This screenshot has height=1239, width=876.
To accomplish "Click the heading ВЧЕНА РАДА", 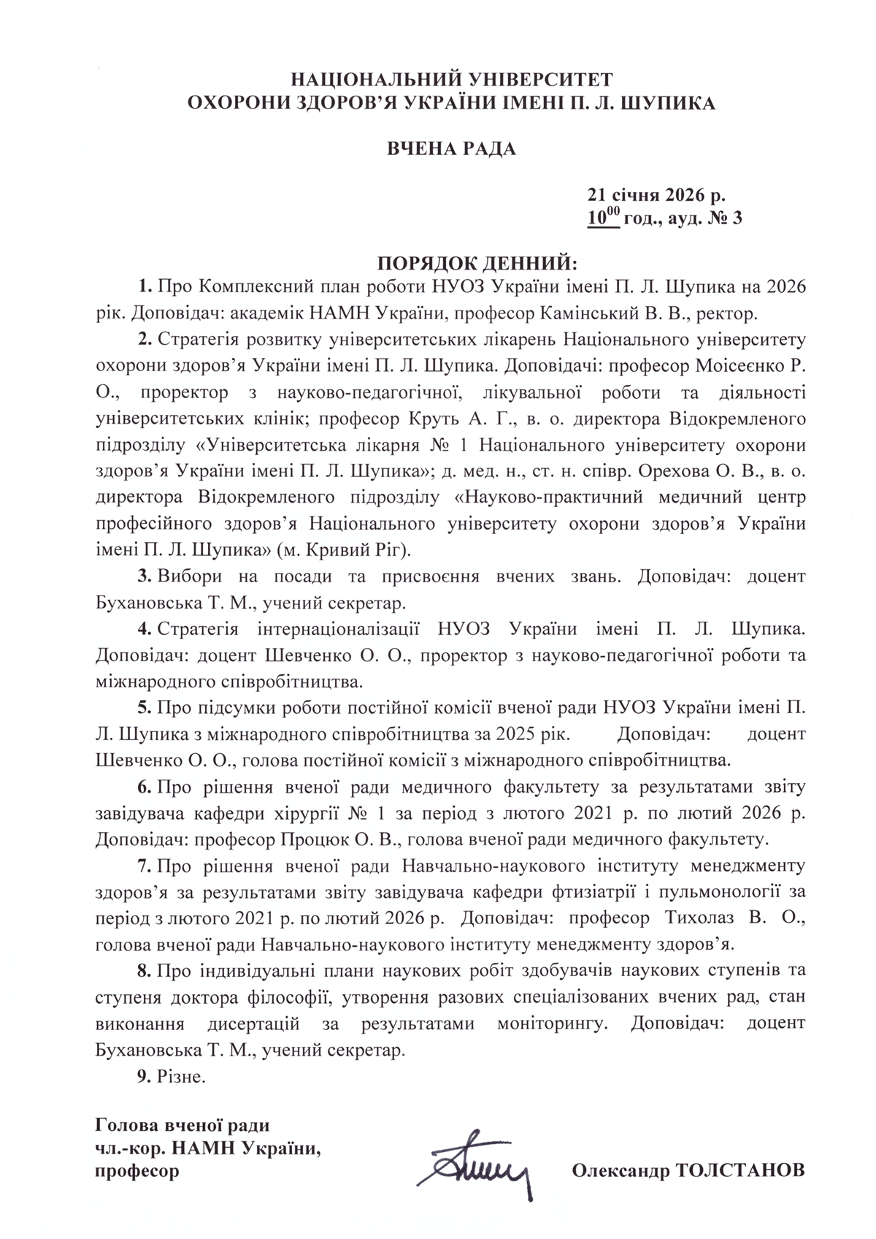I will (x=450, y=150).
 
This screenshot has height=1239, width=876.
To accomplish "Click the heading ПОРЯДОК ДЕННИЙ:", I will (x=477, y=262).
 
